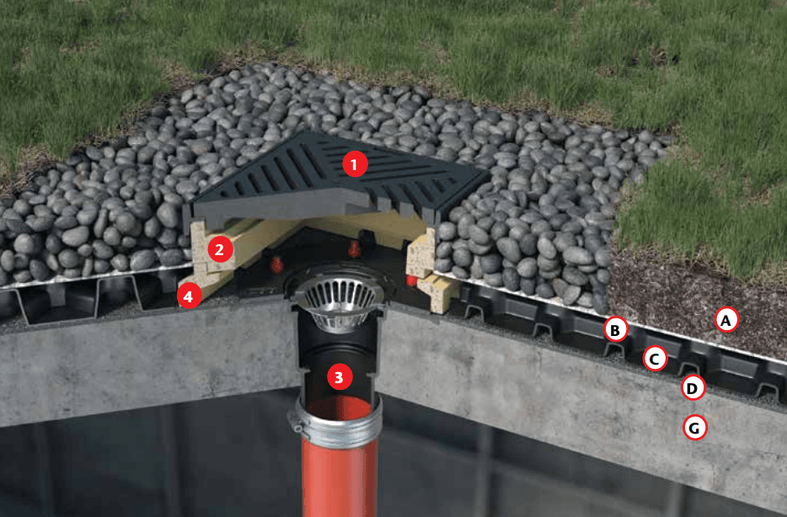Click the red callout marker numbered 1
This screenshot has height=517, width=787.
(x=355, y=164)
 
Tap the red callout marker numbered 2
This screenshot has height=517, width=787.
(x=219, y=249)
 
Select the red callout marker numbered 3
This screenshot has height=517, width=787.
(x=339, y=377)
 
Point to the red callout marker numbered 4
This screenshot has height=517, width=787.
(x=188, y=297)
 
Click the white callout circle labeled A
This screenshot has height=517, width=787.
(x=725, y=319)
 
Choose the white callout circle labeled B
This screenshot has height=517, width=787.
(x=615, y=329)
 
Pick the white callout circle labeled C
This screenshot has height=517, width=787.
(x=655, y=359)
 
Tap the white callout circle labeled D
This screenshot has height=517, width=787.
(x=692, y=387)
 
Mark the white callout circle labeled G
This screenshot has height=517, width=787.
(x=694, y=428)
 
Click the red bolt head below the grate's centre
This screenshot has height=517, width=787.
(x=355, y=248)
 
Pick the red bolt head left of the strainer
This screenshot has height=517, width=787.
(x=276, y=264)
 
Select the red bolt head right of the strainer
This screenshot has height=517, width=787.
(x=411, y=280)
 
